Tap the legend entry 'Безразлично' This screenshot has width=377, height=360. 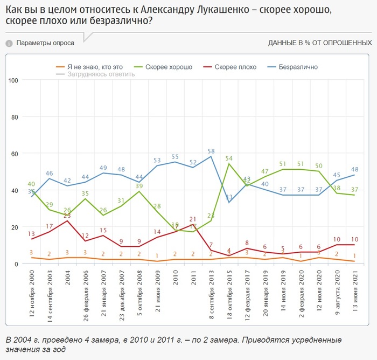[298, 67]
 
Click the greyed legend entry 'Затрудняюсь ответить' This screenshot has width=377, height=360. [101, 74]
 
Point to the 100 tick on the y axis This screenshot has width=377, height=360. [15, 80]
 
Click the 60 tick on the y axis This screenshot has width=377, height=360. [15, 154]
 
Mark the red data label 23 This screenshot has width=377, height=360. [67, 216]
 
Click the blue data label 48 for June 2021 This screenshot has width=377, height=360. [355, 169]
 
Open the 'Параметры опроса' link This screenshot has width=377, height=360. [45, 43]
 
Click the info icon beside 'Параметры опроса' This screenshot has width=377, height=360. [9, 43]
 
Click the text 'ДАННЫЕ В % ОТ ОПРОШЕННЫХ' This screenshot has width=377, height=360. [320, 43]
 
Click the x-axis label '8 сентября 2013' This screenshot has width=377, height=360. [212, 294]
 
